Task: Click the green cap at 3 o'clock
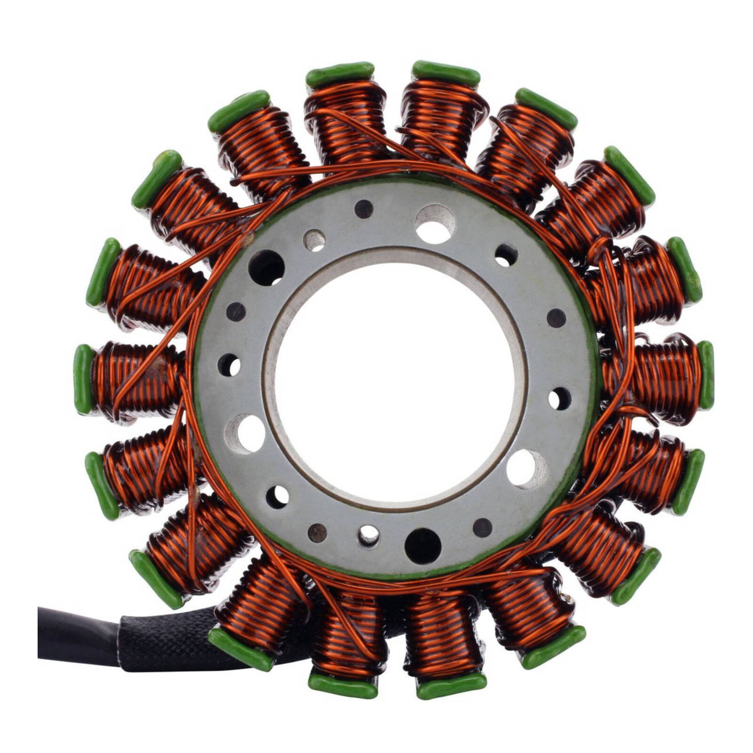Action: (x=706, y=375)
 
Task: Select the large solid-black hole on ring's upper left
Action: (x=266, y=267)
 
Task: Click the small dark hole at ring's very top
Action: (x=364, y=208)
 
